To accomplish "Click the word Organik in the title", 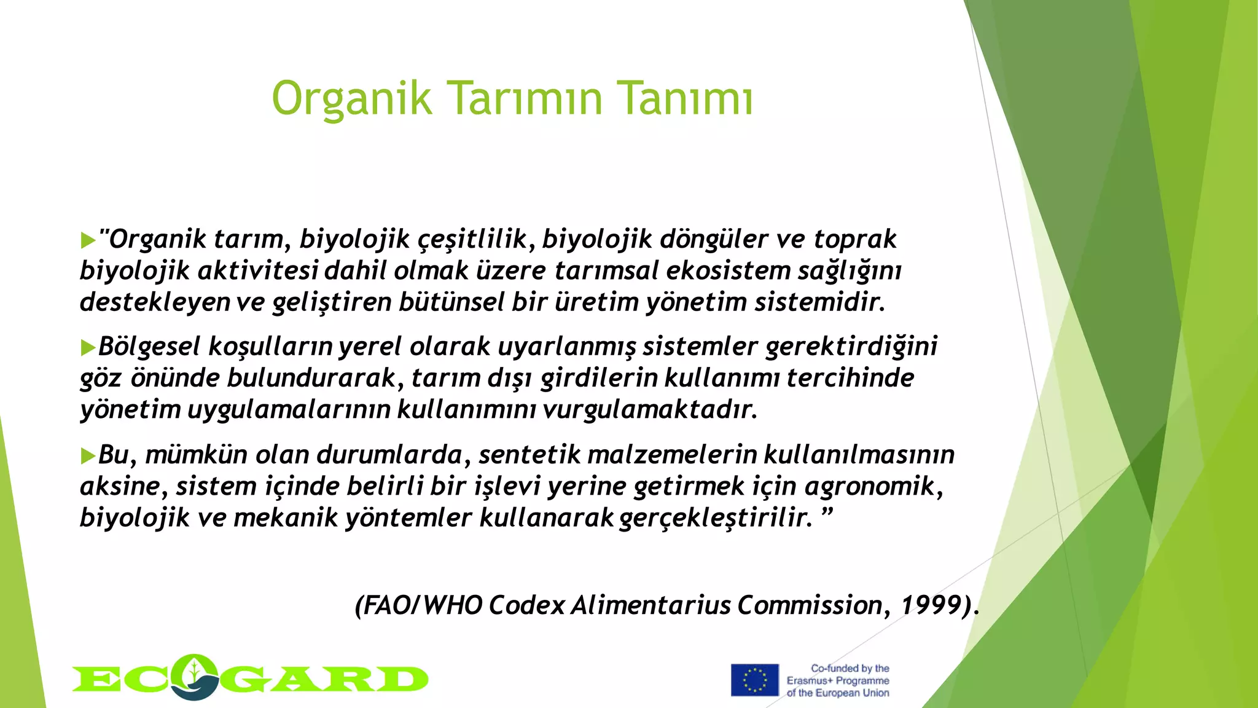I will point(352,98).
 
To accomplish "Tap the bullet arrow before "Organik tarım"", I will point(88,240).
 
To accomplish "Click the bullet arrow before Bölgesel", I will point(88,348).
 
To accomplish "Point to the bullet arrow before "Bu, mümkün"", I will point(88,456).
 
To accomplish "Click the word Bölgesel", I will point(149,347).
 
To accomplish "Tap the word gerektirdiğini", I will point(851,347).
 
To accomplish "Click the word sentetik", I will point(529,455).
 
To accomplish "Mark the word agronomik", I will point(873,487).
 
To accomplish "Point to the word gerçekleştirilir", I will point(716,518).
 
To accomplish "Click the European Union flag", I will point(754,680).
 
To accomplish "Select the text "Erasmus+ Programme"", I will point(838,681).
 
